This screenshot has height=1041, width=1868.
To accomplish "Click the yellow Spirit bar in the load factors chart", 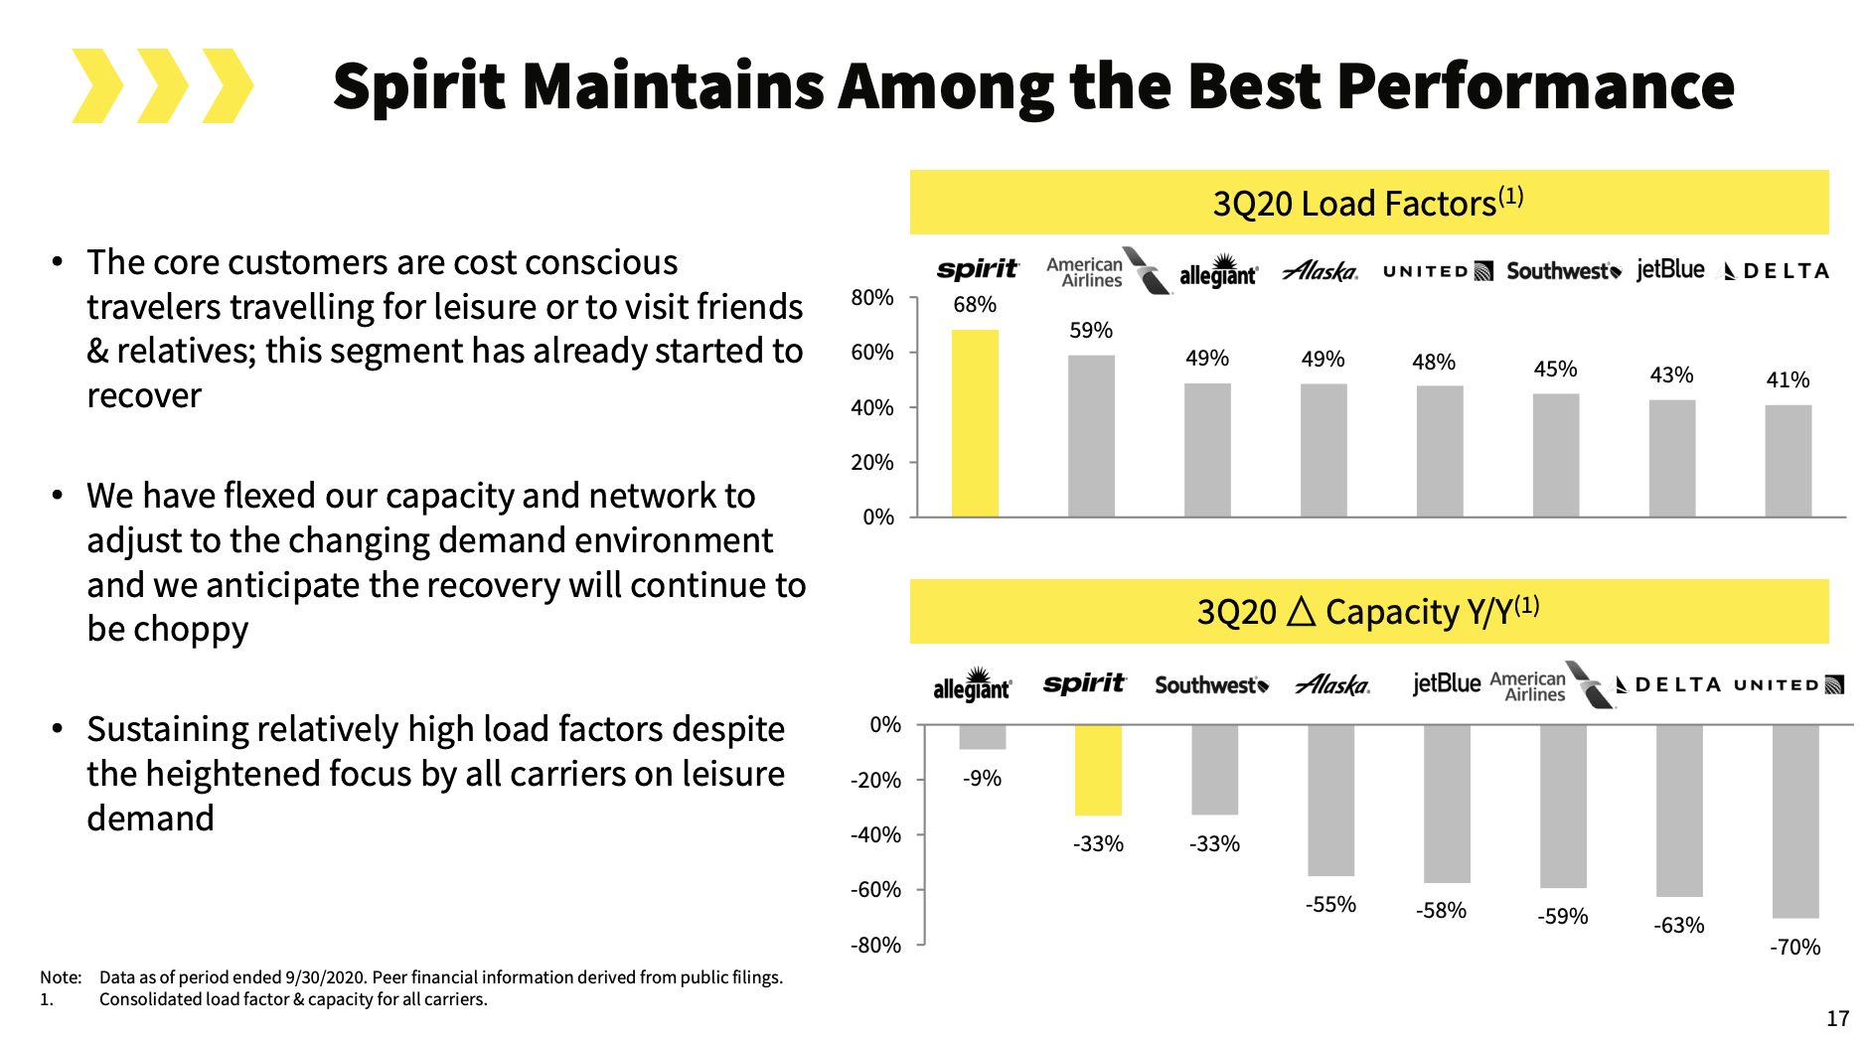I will pyautogui.click(x=974, y=423).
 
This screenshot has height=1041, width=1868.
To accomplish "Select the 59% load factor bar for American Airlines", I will pyautogui.click(x=1091, y=436).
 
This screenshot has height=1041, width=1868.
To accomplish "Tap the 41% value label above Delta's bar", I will pyautogui.click(x=1788, y=379).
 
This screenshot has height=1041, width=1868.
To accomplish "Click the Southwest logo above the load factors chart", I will pyautogui.click(x=1563, y=271).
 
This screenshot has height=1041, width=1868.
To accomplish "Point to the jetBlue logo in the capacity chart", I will pyautogui.click(x=1447, y=683).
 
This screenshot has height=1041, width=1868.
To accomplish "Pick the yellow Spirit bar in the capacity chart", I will pyautogui.click(x=1098, y=770).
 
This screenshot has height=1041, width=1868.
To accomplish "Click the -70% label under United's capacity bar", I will pyautogui.click(x=1794, y=947).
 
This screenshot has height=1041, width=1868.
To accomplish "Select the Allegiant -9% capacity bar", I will pyautogui.click(x=982, y=737).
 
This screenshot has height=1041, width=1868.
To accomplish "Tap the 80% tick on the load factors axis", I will pyautogui.click(x=871, y=297).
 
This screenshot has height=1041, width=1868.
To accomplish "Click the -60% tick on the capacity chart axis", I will pyautogui.click(x=875, y=889).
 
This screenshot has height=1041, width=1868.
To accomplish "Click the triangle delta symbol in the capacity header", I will pyautogui.click(x=1301, y=612).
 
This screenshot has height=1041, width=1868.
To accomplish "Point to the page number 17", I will pyautogui.click(x=1837, y=1018).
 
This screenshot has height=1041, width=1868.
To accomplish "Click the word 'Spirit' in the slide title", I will pyautogui.click(x=419, y=86).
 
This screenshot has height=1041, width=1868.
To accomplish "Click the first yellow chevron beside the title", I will pyautogui.click(x=97, y=86).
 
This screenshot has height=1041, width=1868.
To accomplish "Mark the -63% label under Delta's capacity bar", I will pyautogui.click(x=1678, y=925).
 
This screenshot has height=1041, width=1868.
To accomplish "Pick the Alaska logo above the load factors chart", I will pyautogui.click(x=1321, y=270).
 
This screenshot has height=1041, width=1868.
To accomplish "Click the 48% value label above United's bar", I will pyautogui.click(x=1433, y=362).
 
